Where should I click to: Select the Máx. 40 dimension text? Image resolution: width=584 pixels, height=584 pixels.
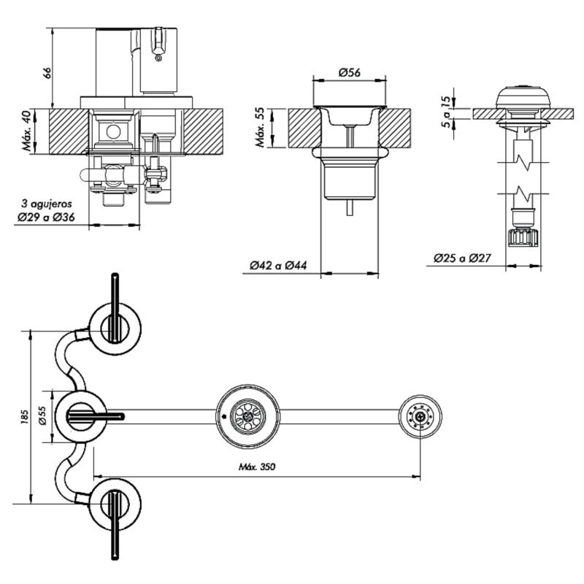28,131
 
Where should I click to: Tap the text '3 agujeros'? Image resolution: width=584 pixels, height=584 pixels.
46,204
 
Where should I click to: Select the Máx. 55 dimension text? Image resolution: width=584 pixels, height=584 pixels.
261,128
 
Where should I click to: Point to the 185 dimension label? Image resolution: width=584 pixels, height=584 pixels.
24,417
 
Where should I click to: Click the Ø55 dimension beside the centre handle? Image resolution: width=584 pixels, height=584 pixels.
42,417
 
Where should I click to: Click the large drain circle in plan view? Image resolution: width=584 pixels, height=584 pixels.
247,417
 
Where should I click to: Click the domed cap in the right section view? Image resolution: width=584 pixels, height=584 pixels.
522,96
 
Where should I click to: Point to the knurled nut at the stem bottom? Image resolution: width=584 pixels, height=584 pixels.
523,237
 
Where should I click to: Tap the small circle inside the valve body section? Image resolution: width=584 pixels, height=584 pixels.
112,131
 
